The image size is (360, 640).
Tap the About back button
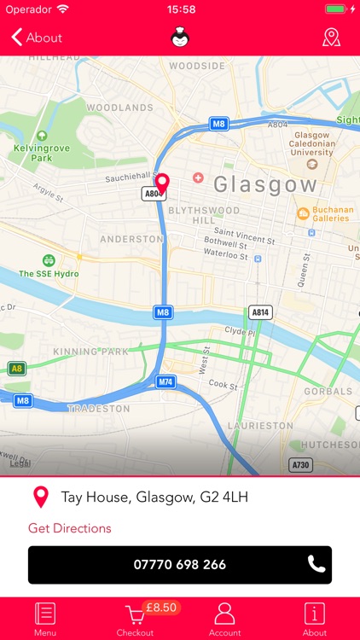coord(37,38)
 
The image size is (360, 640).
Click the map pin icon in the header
coord(331,38)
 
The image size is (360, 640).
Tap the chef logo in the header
coord(180,38)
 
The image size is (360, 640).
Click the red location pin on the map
coord(162,183)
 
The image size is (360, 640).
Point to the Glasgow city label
coord(264,184)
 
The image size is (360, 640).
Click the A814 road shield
coord(260,312)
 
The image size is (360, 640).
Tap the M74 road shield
coord(165,381)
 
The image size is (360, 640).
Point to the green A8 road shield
coord(16,369)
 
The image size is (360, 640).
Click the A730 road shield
coord(300,465)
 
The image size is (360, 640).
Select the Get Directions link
coord(70,528)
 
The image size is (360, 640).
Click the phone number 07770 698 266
coord(180,564)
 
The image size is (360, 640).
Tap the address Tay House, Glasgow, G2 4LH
coord(154,497)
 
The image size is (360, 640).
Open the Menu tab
coord(45,619)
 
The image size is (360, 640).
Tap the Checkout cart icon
coord(134,616)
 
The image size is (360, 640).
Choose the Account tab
coord(224,619)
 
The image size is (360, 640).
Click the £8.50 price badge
coord(160,607)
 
